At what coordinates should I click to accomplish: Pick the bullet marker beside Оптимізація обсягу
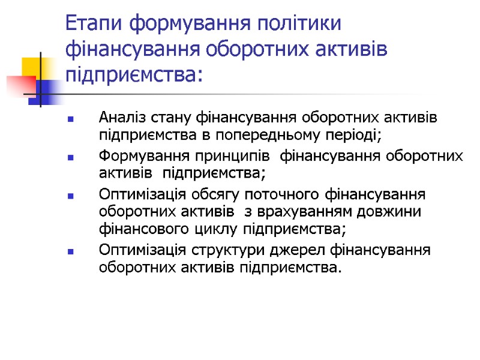click(71, 197)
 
